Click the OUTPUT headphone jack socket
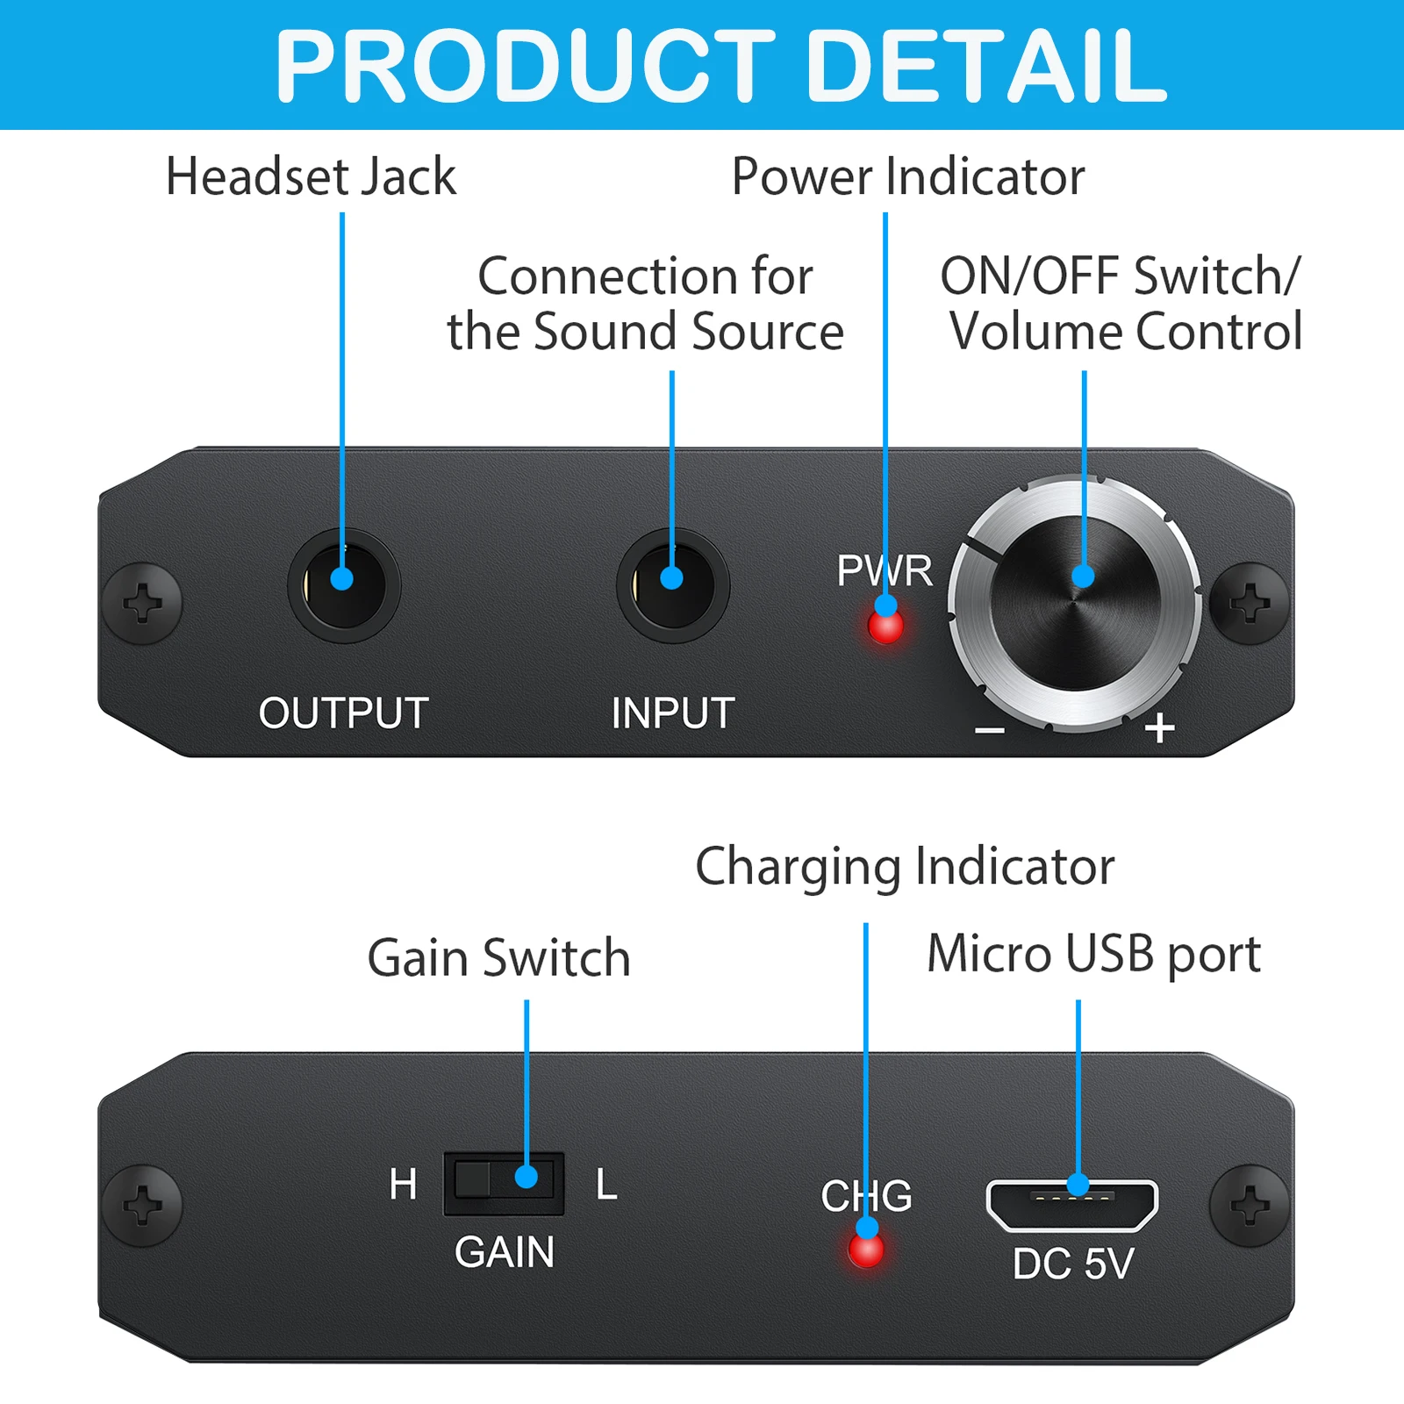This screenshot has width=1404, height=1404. pos(343,585)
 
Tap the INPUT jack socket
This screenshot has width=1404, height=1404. pos(672,585)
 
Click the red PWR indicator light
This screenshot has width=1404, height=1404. pos(885,627)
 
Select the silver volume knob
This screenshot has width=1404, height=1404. pos(1075,604)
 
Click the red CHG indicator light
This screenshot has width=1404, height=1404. pos(866,1250)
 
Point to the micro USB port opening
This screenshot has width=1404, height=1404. pos(1072,1204)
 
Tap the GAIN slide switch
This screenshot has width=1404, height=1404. pos(504,1183)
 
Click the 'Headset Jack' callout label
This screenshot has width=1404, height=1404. pos(311,176)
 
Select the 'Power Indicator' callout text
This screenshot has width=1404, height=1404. pos(908,176)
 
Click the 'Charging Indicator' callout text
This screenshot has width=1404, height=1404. pos(905,867)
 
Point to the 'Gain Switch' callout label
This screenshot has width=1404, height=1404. pos(498,957)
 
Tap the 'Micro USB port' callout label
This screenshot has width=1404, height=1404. pos(1093,954)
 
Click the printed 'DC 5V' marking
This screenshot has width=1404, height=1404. pos(1073,1264)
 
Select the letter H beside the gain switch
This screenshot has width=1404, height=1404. pos(403,1185)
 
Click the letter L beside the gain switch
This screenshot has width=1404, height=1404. pos(606,1185)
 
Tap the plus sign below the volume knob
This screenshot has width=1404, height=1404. pos(1159,727)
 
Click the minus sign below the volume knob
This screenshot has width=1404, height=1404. pos(990,730)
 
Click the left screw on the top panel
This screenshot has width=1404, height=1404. pos(142,603)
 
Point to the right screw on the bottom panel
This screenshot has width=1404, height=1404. pos(1250,1206)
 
